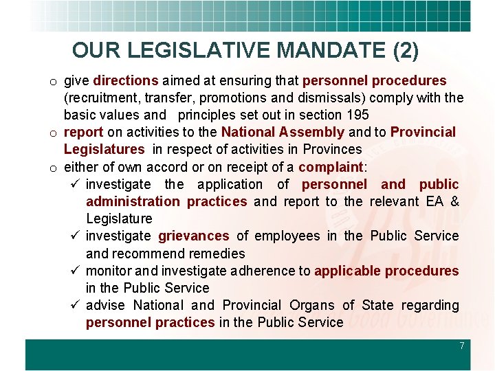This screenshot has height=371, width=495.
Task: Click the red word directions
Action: tap(126, 80)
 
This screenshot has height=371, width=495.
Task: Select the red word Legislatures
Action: tap(104, 149)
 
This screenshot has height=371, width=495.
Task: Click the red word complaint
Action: tap(330, 166)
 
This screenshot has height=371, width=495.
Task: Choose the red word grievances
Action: tap(194, 236)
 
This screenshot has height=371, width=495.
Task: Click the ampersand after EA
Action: tap(454, 201)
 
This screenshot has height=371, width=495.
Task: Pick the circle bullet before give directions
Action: tap(52, 82)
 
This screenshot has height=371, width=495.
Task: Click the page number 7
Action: tap(462, 346)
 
